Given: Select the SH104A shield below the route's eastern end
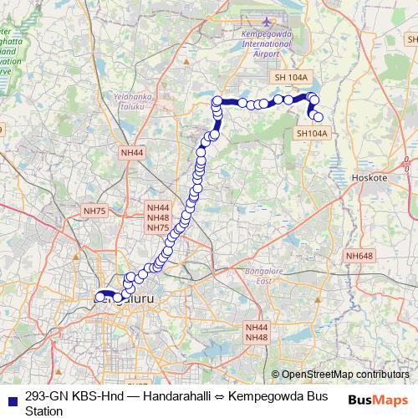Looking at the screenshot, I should point(312,133).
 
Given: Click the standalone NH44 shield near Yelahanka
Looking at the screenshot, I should point(132,153).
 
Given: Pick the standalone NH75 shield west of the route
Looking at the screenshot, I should point(94,212).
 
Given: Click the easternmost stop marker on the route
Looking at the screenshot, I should point(318,117).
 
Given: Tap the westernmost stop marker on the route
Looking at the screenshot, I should point(99,296).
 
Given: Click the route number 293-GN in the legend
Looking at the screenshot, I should point(47,396).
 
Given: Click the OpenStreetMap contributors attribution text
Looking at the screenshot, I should point(344,375).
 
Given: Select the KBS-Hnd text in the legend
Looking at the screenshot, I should point(94,396).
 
